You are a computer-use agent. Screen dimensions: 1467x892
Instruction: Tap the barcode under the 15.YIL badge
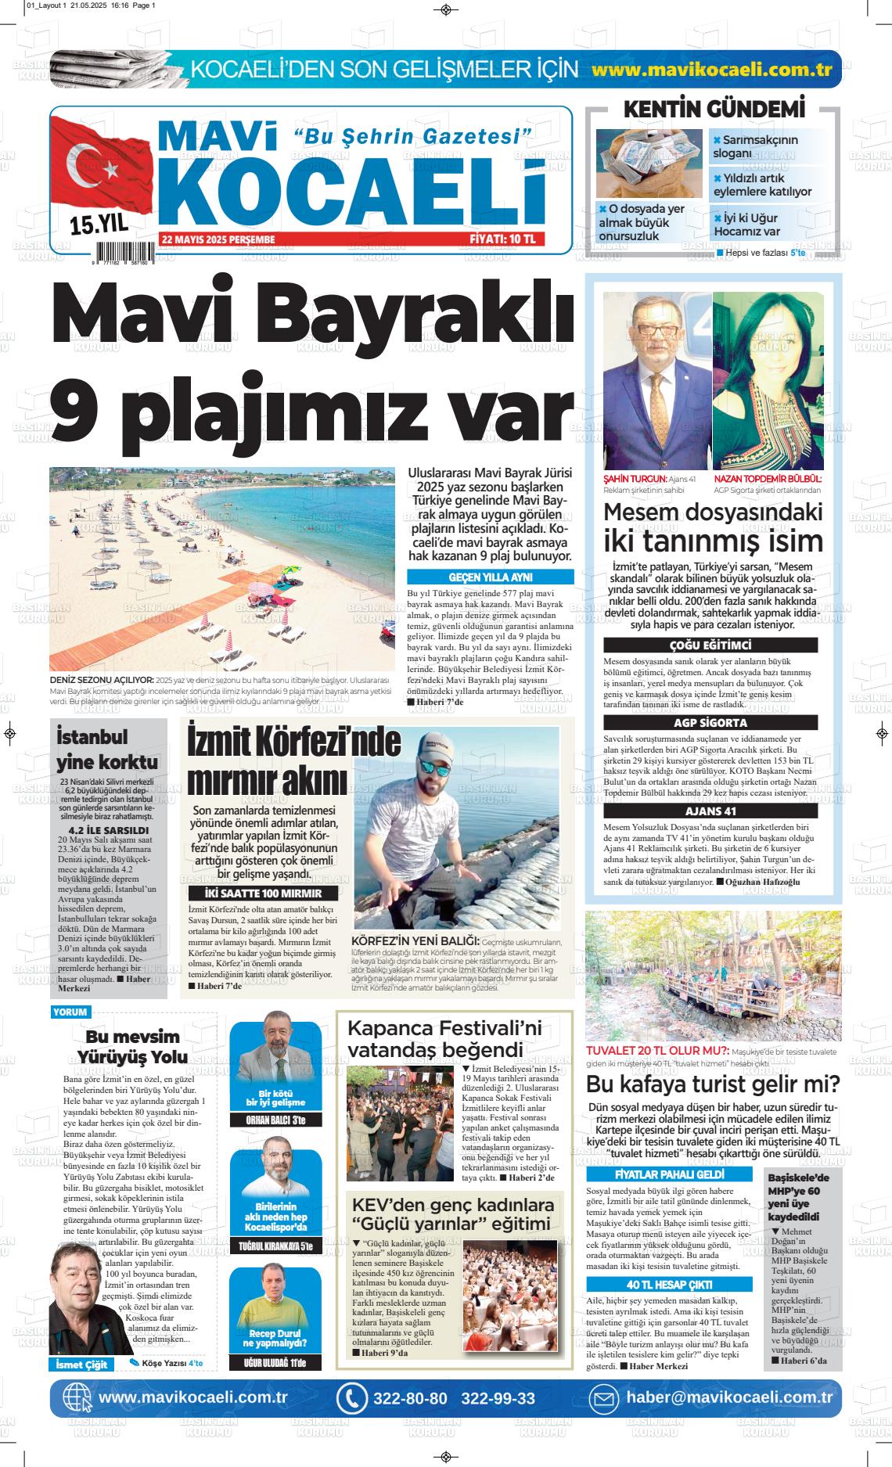pos(124,252)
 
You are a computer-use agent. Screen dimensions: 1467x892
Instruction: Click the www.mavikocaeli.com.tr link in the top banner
pos(711,69)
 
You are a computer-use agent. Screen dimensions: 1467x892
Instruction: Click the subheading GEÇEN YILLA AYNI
pos(490,577)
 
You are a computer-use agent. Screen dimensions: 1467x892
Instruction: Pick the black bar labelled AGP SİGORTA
pos(710,723)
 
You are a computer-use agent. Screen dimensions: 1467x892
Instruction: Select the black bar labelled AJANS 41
pos(710,811)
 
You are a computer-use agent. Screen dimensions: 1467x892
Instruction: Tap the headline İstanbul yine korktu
pos(107,749)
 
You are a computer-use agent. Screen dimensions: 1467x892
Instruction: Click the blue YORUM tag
pos(70,1012)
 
